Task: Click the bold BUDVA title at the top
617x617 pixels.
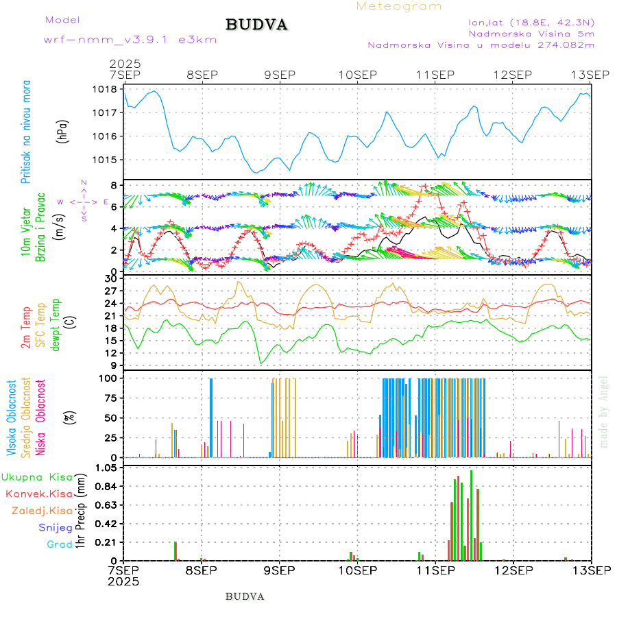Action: [256, 25]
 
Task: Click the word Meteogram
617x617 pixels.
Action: [399, 6]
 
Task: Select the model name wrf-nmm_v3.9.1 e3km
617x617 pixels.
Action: [130, 40]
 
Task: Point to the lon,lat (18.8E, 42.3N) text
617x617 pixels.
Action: [531, 21]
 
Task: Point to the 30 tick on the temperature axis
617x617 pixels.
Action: [111, 278]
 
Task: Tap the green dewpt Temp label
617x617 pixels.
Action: [56, 324]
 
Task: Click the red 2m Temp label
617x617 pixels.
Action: [26, 328]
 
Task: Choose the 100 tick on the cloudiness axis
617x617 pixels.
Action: [108, 378]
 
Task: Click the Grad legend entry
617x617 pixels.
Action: [60, 544]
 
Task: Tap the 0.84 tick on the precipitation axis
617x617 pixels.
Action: [106, 486]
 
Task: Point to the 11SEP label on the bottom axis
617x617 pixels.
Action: [435, 570]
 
